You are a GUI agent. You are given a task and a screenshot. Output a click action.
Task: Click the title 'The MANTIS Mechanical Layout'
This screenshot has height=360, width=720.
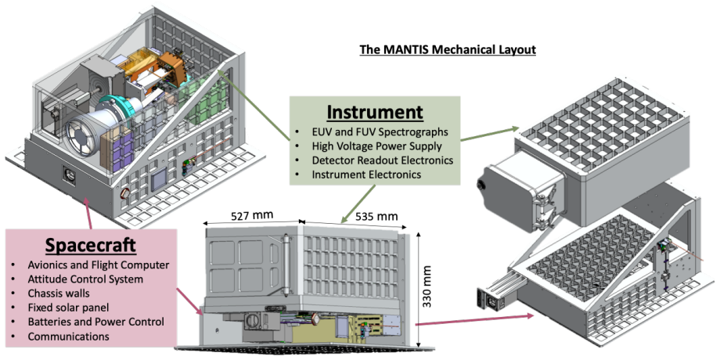447,49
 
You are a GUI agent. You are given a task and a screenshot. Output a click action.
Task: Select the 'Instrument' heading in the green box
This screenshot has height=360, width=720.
375,112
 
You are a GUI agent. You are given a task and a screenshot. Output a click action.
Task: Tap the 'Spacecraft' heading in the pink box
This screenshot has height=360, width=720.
91,246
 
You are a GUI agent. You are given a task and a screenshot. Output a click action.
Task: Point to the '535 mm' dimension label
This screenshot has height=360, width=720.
375,216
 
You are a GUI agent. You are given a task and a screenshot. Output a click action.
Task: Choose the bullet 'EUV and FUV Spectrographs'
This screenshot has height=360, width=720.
380,132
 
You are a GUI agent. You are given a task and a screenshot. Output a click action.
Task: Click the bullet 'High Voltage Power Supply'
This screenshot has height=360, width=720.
377,146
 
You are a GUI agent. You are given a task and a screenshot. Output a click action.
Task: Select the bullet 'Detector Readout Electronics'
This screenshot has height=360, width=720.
383,160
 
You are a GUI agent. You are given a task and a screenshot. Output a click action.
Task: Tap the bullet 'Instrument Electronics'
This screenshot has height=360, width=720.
366,175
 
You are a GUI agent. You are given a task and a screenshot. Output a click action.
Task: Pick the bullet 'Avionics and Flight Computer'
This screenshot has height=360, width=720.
99,265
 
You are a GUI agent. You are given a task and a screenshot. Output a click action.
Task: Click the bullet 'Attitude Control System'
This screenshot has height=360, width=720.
85,279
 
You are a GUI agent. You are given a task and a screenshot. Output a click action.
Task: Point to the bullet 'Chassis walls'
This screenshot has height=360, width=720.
59,293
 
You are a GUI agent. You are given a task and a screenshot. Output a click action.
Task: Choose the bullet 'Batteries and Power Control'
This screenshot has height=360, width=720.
95,322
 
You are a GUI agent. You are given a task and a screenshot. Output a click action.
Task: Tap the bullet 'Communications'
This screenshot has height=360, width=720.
68,337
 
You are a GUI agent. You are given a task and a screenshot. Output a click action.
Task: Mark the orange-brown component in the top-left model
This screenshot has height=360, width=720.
171,69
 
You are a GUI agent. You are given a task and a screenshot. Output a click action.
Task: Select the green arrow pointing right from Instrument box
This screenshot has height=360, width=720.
489,134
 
